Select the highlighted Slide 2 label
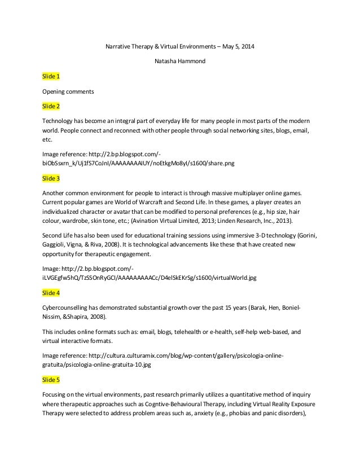[51, 105]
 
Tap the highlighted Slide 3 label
[51, 178]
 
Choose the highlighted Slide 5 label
[51, 380]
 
